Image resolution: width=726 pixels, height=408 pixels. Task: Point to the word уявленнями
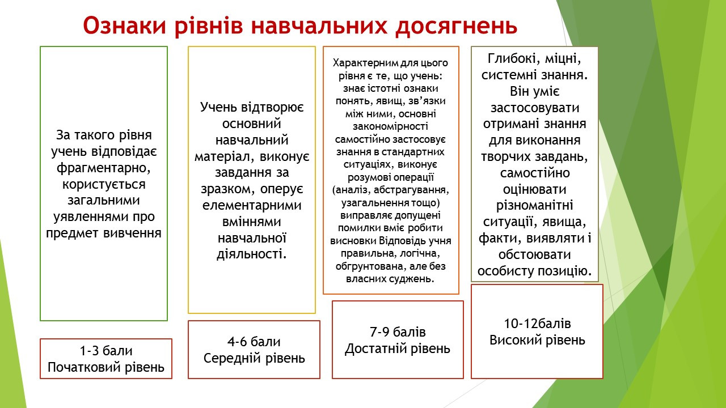pos(90,217)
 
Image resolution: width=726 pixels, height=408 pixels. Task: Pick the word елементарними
pos(252,205)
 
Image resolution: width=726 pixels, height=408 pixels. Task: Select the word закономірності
pos(390,126)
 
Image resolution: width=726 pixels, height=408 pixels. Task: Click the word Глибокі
pos(512,59)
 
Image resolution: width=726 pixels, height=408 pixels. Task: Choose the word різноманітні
pos(534,206)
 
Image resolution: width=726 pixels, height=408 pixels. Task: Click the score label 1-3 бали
pos(106,351)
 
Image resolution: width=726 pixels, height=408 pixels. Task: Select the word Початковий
pos(84,368)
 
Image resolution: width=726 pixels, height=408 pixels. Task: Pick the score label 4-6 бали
pos(254,342)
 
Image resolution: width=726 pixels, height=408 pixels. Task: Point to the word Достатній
pos(373,348)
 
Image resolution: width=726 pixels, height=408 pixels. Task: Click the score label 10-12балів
pos(537,324)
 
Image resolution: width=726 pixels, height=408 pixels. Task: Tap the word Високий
pos(514,341)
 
